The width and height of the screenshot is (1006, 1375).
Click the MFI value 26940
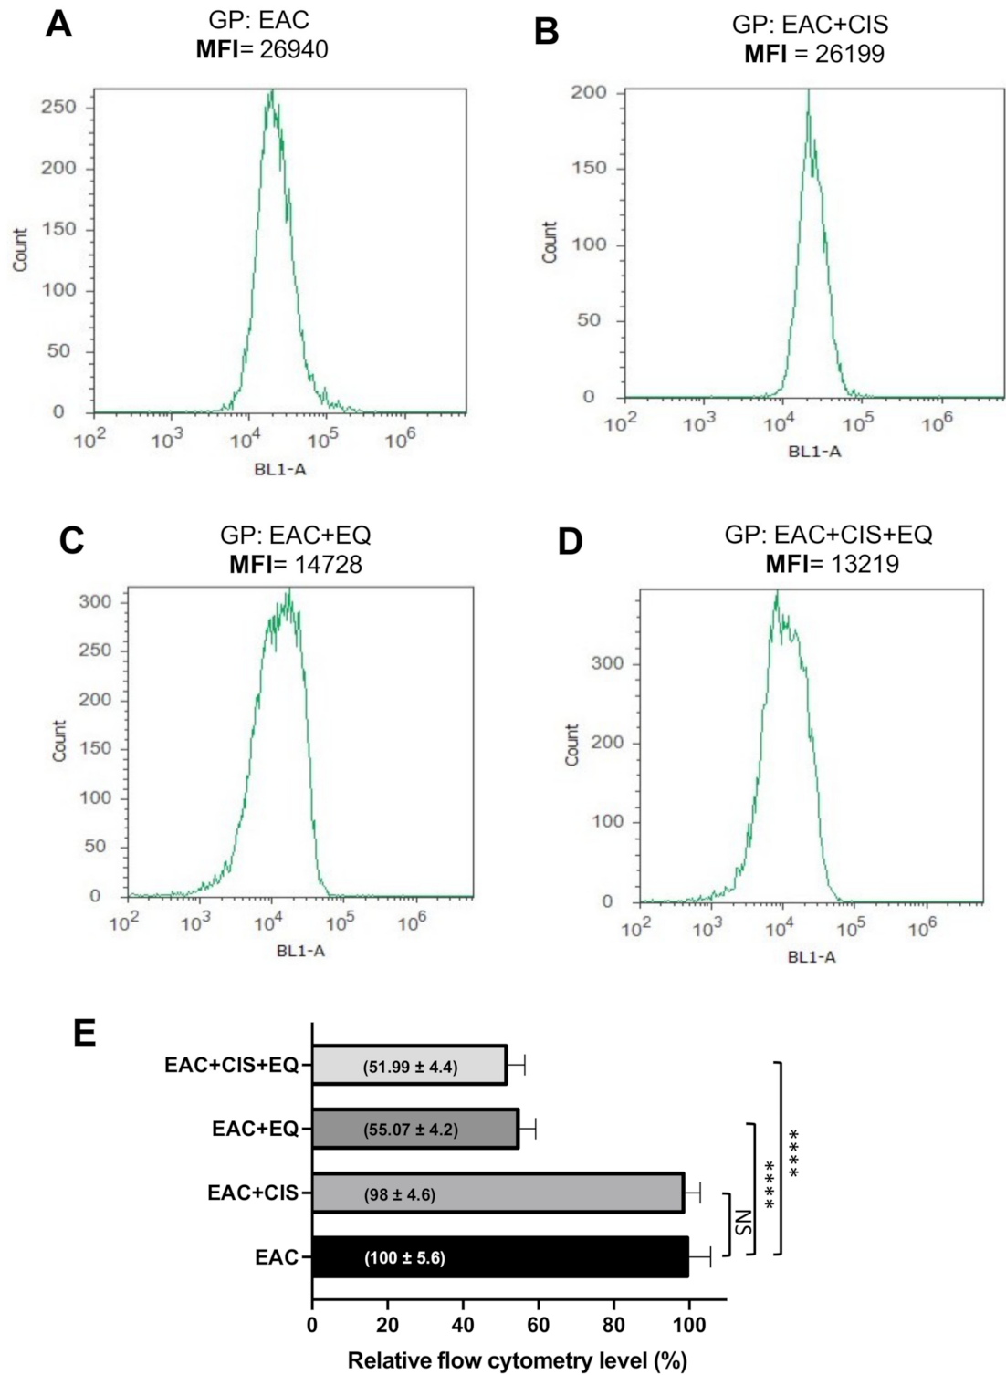click(293, 48)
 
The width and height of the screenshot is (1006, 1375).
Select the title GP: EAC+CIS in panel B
click(810, 25)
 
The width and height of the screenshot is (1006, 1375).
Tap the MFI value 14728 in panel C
click(328, 564)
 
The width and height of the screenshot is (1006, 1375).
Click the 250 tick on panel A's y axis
click(58, 107)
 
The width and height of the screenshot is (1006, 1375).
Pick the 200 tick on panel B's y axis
click(588, 92)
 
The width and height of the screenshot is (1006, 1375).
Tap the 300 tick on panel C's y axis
click(96, 601)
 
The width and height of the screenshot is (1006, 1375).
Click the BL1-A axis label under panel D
click(812, 956)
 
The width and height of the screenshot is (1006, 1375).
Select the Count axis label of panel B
click(550, 243)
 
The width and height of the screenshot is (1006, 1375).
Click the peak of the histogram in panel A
click(271, 93)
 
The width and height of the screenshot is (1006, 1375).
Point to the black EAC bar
click(500, 1257)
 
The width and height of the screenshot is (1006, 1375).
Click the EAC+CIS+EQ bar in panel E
click(409, 1065)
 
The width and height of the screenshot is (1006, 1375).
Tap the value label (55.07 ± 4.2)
click(411, 1130)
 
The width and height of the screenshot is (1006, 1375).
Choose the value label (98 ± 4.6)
click(400, 1193)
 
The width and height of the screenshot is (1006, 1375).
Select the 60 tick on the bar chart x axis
click(538, 1324)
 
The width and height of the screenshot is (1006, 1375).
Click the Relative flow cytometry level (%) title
click(517, 1360)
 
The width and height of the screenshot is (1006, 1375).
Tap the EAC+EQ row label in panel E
click(255, 1130)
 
